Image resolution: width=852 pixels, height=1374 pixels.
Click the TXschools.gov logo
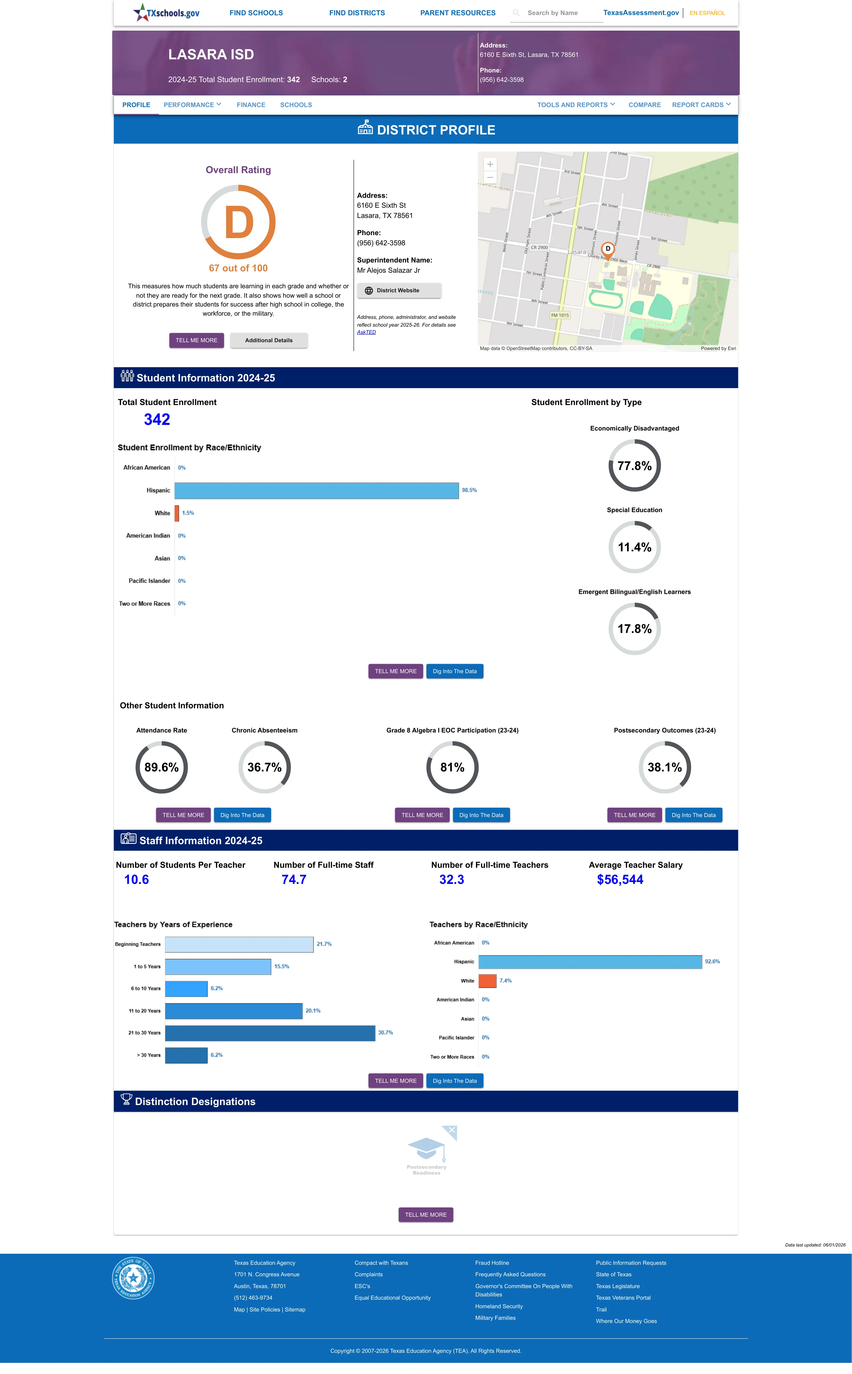(x=166, y=12)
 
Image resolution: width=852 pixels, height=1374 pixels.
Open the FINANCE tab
(x=251, y=105)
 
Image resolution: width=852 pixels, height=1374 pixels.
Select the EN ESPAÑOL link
(x=707, y=13)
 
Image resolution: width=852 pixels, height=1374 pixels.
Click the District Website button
(x=399, y=290)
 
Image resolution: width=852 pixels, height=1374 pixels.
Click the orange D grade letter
(x=239, y=223)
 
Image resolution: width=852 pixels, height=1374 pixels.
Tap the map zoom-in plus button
(x=490, y=164)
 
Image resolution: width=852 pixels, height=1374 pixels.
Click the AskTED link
(x=366, y=332)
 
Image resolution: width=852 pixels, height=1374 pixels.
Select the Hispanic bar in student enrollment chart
(x=317, y=490)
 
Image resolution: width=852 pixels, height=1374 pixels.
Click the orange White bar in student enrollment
(x=177, y=513)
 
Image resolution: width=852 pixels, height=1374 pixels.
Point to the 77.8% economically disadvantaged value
(x=635, y=466)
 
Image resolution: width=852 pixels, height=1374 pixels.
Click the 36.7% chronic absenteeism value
(x=264, y=767)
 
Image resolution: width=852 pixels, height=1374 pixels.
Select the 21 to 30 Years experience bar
(x=270, y=1033)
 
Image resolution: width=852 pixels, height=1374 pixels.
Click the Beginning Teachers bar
(x=239, y=944)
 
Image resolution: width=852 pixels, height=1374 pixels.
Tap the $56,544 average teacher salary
(x=620, y=880)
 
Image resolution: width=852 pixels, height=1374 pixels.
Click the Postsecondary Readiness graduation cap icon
(x=427, y=1147)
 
